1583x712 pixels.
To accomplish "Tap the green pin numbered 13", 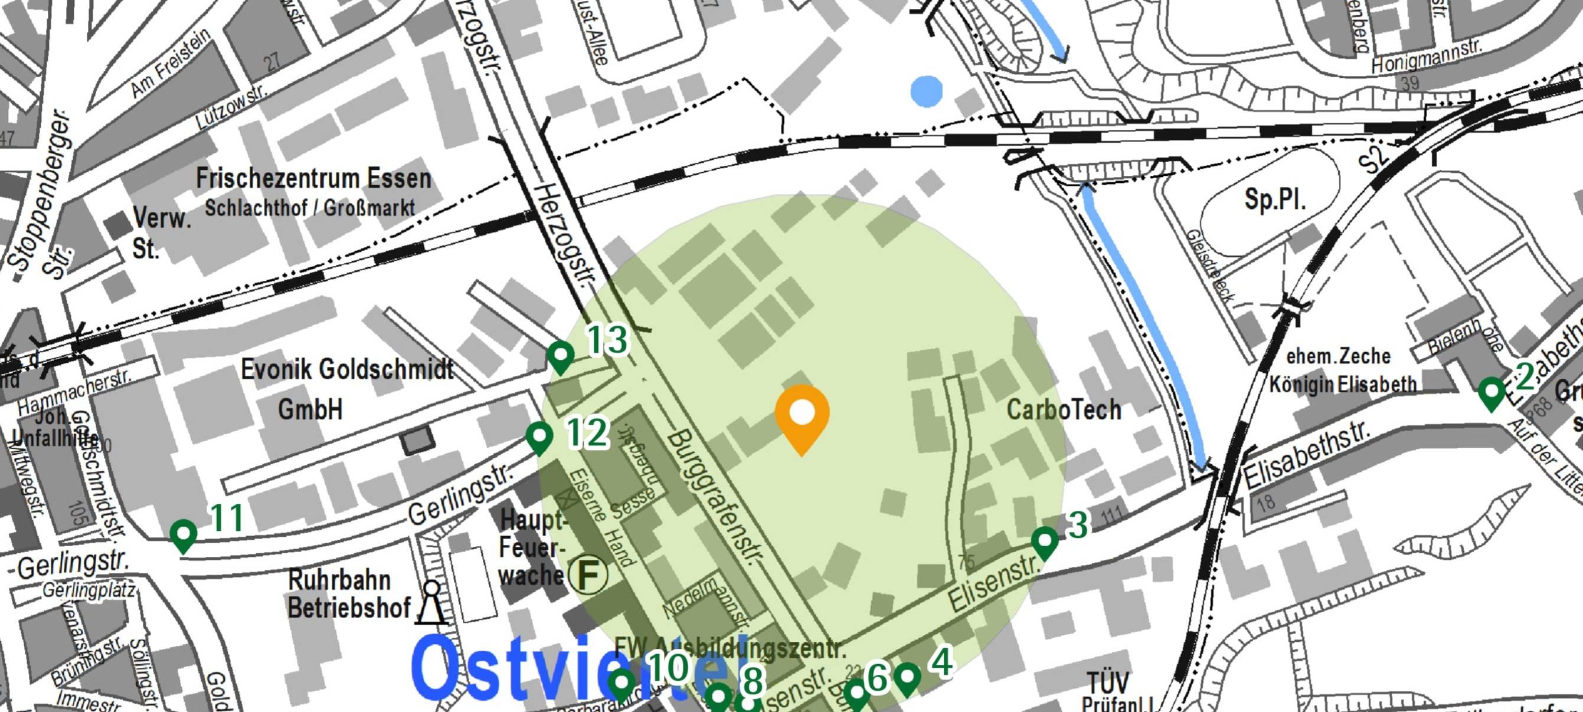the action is (x=561, y=355).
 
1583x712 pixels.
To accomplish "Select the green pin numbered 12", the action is (x=539, y=437).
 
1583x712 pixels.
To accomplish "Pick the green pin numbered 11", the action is (x=183, y=534).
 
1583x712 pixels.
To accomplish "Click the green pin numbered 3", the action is (x=1044, y=541).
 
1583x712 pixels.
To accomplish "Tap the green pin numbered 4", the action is (x=907, y=678).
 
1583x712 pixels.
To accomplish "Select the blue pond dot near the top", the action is (x=927, y=91).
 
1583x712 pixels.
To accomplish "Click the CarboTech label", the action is (x=1064, y=410).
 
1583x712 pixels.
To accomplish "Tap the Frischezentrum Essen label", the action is (x=313, y=179).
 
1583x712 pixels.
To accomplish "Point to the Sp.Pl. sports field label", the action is (x=1274, y=199).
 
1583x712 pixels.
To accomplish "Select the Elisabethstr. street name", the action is (x=1305, y=454).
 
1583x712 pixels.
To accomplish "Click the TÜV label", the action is (x=1108, y=683).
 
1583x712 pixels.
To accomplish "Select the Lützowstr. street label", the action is (x=232, y=106).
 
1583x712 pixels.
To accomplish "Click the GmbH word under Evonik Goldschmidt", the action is (x=310, y=409).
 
